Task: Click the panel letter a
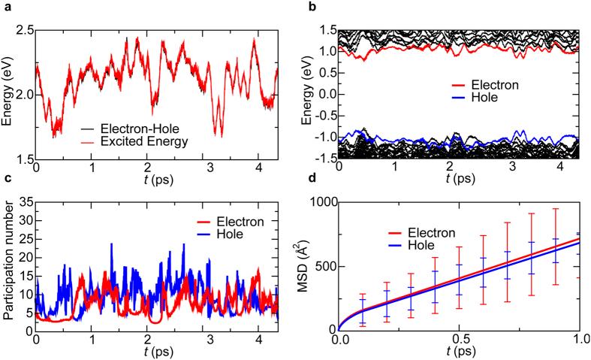point(5,7)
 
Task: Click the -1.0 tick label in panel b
point(324,140)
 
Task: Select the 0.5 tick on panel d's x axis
point(459,339)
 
